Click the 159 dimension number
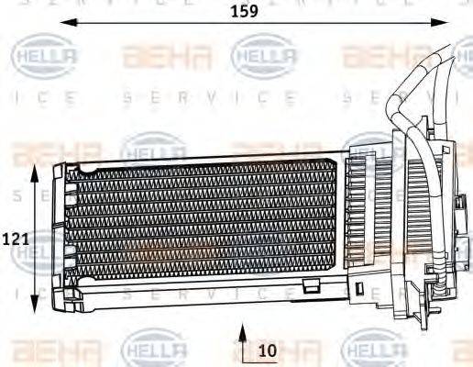[x=243, y=12]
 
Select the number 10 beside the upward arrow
[x=267, y=350]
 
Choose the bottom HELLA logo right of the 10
[x=371, y=350]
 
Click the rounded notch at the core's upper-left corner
[x=84, y=168]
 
